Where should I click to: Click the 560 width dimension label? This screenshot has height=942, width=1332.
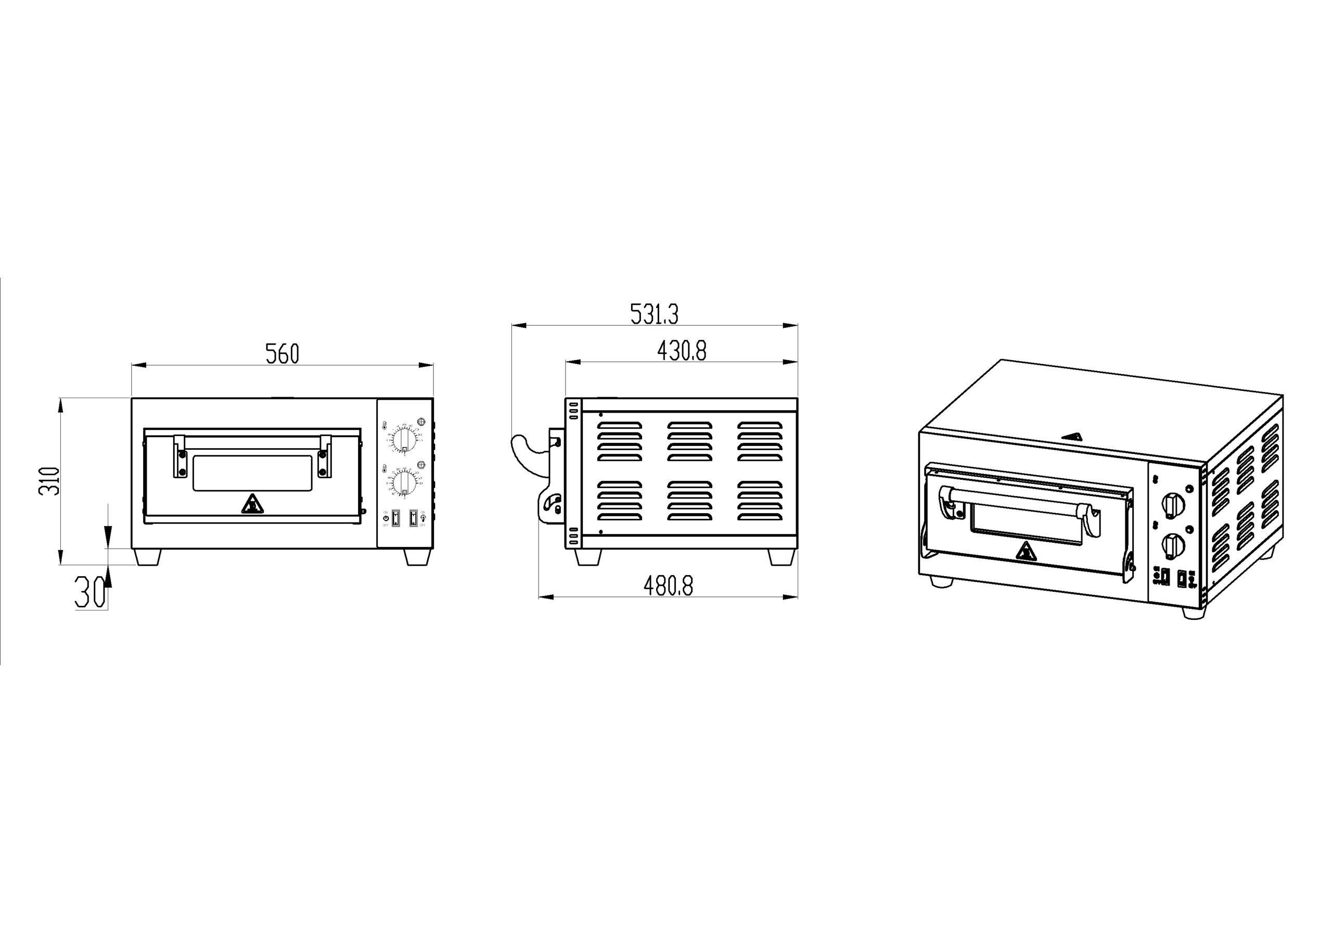(282, 354)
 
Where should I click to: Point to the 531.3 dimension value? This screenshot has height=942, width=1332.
(654, 314)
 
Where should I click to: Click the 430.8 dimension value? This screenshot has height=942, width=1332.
(682, 351)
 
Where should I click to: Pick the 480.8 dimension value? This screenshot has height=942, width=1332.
(668, 586)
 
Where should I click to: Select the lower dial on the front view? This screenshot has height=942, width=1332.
(404, 483)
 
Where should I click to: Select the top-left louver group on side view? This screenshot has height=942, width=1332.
(620, 441)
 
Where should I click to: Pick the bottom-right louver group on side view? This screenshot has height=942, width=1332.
(760, 500)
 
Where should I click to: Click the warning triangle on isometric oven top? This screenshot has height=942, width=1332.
(1072, 437)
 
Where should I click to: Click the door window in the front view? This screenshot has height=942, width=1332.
(251, 473)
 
